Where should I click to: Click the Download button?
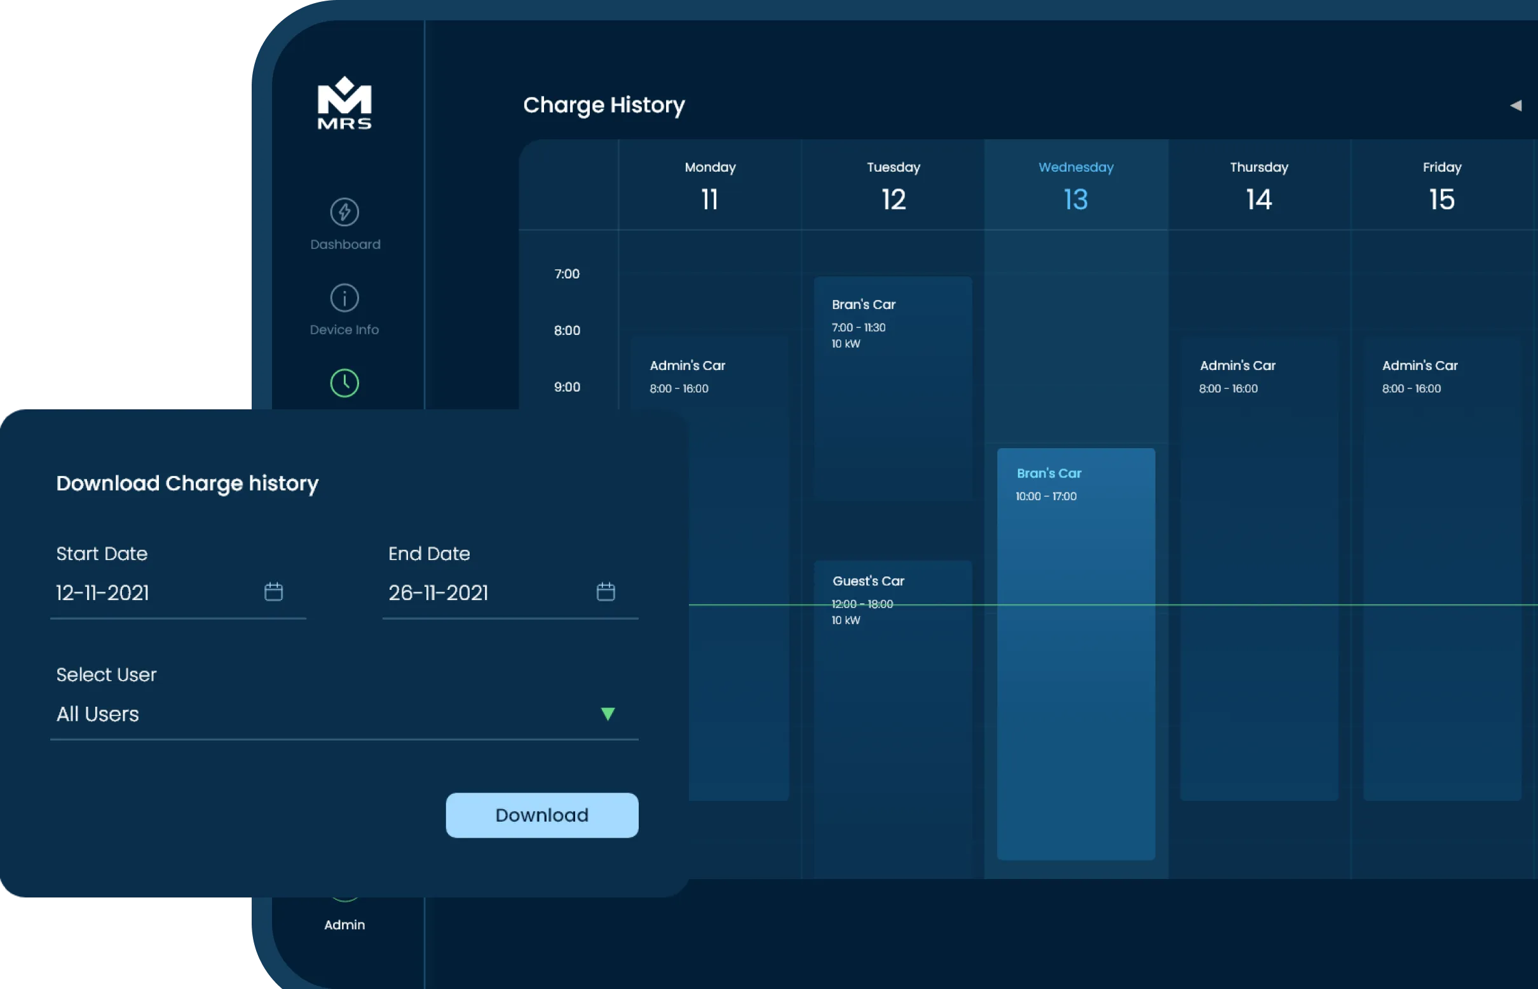click(541, 815)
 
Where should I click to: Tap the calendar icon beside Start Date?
click(273, 592)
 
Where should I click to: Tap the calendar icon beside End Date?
click(606, 592)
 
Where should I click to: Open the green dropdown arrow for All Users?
click(608, 714)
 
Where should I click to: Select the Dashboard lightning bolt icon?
click(344, 212)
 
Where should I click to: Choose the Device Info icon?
click(344, 298)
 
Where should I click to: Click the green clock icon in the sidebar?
click(344, 383)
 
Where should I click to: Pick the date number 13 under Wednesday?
click(1075, 200)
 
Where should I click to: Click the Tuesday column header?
click(894, 168)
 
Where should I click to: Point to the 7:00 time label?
click(567, 274)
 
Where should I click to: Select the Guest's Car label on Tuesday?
click(868, 581)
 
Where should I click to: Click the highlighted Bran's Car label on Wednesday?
click(1049, 474)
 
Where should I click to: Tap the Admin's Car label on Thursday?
click(1237, 365)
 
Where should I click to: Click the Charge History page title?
click(604, 105)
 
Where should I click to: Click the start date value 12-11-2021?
click(103, 592)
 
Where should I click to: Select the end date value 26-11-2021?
click(438, 592)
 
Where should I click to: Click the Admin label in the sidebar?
click(344, 925)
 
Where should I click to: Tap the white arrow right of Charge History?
click(1516, 106)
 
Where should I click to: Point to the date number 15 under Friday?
click(1441, 200)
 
